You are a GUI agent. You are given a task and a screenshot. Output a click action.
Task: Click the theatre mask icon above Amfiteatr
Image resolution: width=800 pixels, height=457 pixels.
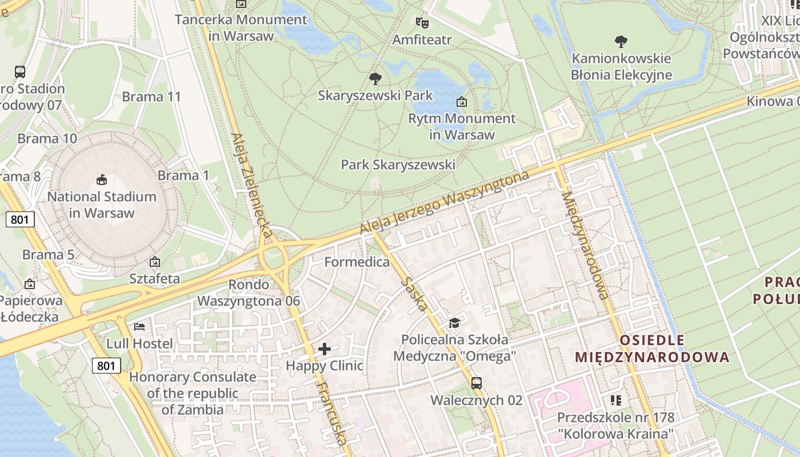[422, 23]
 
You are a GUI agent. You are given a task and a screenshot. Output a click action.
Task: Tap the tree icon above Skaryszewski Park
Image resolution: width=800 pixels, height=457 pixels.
[375, 78]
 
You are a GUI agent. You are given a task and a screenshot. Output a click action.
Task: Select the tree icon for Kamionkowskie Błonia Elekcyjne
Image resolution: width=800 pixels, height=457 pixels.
[621, 42]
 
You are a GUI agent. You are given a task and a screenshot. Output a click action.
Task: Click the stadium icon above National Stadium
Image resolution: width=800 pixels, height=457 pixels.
[102, 180]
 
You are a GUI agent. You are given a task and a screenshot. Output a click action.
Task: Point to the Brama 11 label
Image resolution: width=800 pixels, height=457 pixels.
[151, 97]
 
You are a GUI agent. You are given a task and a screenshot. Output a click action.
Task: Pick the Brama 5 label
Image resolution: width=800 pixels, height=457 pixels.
[49, 255]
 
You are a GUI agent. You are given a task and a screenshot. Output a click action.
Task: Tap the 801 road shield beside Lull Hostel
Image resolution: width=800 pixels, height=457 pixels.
[106, 366]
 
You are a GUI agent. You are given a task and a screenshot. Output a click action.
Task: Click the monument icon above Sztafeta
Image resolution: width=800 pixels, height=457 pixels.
[154, 262]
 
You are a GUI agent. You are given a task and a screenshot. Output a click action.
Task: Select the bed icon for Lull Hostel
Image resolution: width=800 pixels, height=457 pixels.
[139, 327]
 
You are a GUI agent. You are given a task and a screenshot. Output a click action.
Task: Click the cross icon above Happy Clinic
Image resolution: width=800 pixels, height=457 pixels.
[325, 349]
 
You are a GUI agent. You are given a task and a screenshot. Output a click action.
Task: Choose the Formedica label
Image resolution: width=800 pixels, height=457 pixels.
[357, 262]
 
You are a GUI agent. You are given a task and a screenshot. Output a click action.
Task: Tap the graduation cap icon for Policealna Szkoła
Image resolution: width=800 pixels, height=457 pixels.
[454, 323]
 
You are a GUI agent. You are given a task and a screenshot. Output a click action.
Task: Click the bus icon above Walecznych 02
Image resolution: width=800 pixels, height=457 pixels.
[476, 383]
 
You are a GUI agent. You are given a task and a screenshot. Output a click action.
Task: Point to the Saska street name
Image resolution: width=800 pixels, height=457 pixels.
[414, 294]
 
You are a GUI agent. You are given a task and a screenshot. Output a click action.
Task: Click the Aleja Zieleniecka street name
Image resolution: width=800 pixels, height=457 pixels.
[251, 186]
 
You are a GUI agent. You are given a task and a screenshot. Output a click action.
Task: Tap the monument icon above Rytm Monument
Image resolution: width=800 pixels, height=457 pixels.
[461, 102]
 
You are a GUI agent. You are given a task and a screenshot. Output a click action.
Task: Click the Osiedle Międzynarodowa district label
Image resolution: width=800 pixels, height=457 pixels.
[652, 349]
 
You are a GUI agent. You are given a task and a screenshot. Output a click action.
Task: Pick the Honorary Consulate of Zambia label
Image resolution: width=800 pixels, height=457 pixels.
[193, 394]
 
